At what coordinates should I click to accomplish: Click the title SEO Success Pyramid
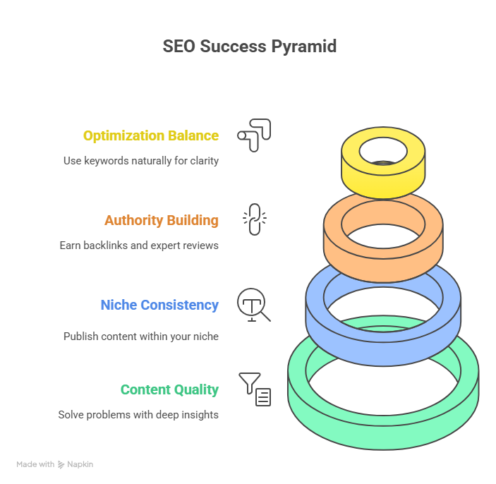pyautogui.click(x=249, y=47)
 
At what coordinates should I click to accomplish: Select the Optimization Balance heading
pyautogui.click(x=150, y=135)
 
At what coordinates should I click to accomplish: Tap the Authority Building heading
pyautogui.click(x=161, y=220)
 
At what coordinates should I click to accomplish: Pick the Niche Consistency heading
pyautogui.click(x=159, y=305)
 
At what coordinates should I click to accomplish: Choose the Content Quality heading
pyautogui.click(x=169, y=389)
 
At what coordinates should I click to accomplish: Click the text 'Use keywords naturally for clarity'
pyautogui.click(x=140, y=161)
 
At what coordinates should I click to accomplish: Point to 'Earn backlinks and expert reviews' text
pyautogui.click(x=138, y=246)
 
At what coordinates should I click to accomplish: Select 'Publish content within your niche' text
pyautogui.click(x=140, y=337)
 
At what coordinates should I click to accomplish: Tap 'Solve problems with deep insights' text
pyautogui.click(x=138, y=415)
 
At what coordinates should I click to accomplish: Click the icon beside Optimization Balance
pyautogui.click(x=254, y=135)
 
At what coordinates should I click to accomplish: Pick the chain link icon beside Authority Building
pyautogui.click(x=254, y=219)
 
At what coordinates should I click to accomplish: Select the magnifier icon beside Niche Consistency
pyautogui.click(x=253, y=305)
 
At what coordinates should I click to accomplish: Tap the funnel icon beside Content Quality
pyautogui.click(x=254, y=389)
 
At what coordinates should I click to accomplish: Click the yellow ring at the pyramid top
pyautogui.click(x=383, y=176)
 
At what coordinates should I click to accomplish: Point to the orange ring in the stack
pyautogui.click(x=383, y=250)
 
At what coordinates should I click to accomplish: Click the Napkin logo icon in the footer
pyautogui.click(x=61, y=464)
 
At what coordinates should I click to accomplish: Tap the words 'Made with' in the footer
pyautogui.click(x=35, y=464)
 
